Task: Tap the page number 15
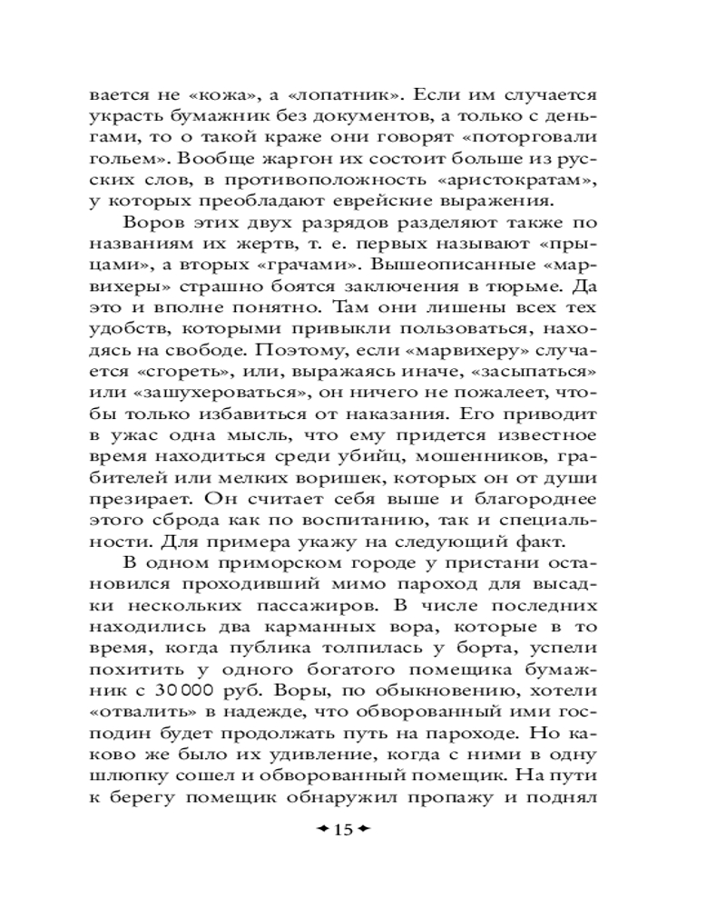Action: [344, 831]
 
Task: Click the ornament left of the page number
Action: [319, 831]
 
